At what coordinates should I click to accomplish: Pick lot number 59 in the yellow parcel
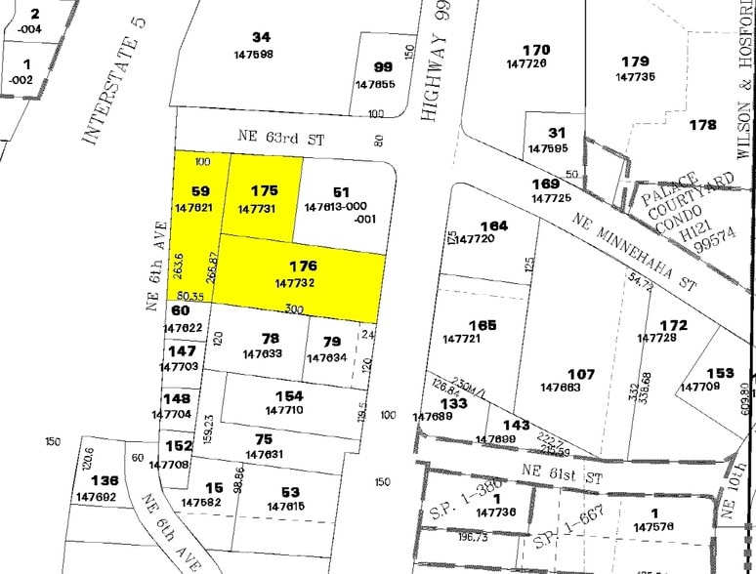coord(201,191)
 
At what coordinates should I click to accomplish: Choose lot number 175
coord(264,191)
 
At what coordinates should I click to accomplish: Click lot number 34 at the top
coord(261,37)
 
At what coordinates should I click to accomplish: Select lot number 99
coord(383,67)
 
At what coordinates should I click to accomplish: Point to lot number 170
coord(536,50)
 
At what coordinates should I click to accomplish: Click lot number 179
coord(635,61)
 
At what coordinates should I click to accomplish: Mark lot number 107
coord(580,374)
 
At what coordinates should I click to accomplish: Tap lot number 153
coord(720,372)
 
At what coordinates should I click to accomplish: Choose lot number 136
coord(104,480)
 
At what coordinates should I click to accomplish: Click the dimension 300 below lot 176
coord(292,308)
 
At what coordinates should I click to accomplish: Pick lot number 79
coord(331,342)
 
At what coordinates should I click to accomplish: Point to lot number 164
coord(493,225)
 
